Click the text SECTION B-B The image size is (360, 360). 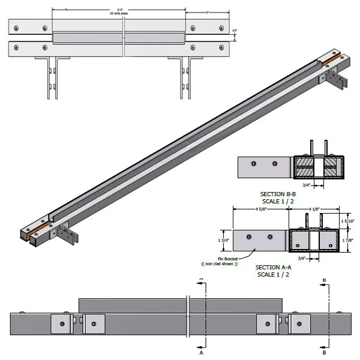click(x=280, y=194)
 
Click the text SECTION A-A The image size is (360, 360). click(x=275, y=267)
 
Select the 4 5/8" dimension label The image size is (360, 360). click(x=261, y=209)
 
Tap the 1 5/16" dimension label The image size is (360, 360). click(x=349, y=221)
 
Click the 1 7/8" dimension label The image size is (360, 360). click(x=349, y=241)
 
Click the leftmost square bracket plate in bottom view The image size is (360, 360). click(x=61, y=325)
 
